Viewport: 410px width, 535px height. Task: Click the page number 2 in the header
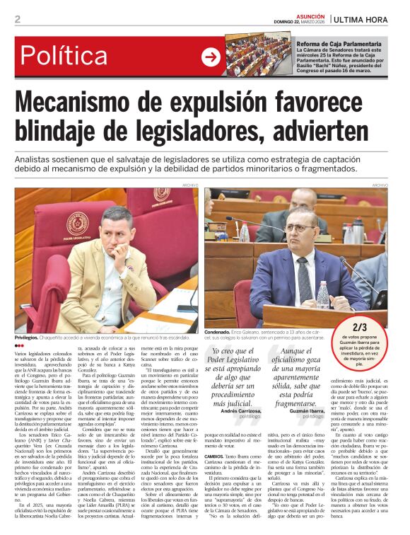[x=17, y=19]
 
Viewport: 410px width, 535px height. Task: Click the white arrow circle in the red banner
[x=211, y=57]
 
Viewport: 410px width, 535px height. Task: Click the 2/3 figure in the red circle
[x=379, y=326]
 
